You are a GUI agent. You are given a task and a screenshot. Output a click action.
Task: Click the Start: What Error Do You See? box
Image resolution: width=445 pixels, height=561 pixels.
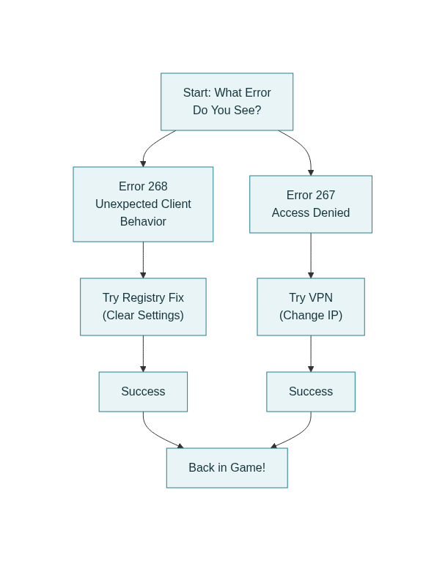(227, 102)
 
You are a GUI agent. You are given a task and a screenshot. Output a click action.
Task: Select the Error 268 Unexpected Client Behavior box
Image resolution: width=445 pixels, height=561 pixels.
(143, 204)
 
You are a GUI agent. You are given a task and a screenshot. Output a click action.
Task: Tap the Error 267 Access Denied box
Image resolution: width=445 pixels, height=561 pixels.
(310, 204)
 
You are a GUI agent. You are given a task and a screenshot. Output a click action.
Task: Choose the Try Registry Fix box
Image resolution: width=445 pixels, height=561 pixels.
(143, 307)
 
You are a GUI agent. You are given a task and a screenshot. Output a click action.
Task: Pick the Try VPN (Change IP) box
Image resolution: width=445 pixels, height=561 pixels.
(310, 307)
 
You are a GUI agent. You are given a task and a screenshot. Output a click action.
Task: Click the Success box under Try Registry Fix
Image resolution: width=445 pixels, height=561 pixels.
(143, 392)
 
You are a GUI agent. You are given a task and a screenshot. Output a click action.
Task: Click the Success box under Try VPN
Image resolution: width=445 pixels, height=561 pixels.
(310, 392)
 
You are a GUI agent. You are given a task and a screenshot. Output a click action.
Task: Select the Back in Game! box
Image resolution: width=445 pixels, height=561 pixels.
(227, 468)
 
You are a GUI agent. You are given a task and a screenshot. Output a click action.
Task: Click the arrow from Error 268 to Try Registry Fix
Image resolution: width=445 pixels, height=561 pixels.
(143, 260)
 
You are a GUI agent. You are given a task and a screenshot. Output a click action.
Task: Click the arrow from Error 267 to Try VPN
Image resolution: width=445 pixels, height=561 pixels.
(311, 256)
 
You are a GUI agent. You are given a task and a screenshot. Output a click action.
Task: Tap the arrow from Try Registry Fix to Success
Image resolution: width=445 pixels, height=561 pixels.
(143, 354)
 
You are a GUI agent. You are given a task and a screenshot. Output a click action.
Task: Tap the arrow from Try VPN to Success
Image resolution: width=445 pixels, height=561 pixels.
(311, 354)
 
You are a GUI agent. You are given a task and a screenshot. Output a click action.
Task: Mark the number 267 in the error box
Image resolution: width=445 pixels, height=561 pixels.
(325, 196)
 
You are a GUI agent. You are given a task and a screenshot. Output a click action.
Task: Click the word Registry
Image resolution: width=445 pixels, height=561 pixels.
(144, 298)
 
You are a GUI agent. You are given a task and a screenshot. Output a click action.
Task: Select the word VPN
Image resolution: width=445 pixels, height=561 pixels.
(321, 298)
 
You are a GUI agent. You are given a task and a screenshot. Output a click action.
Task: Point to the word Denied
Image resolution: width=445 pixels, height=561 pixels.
(331, 213)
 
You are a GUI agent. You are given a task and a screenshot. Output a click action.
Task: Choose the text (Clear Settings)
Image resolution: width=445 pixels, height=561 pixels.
(143, 316)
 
